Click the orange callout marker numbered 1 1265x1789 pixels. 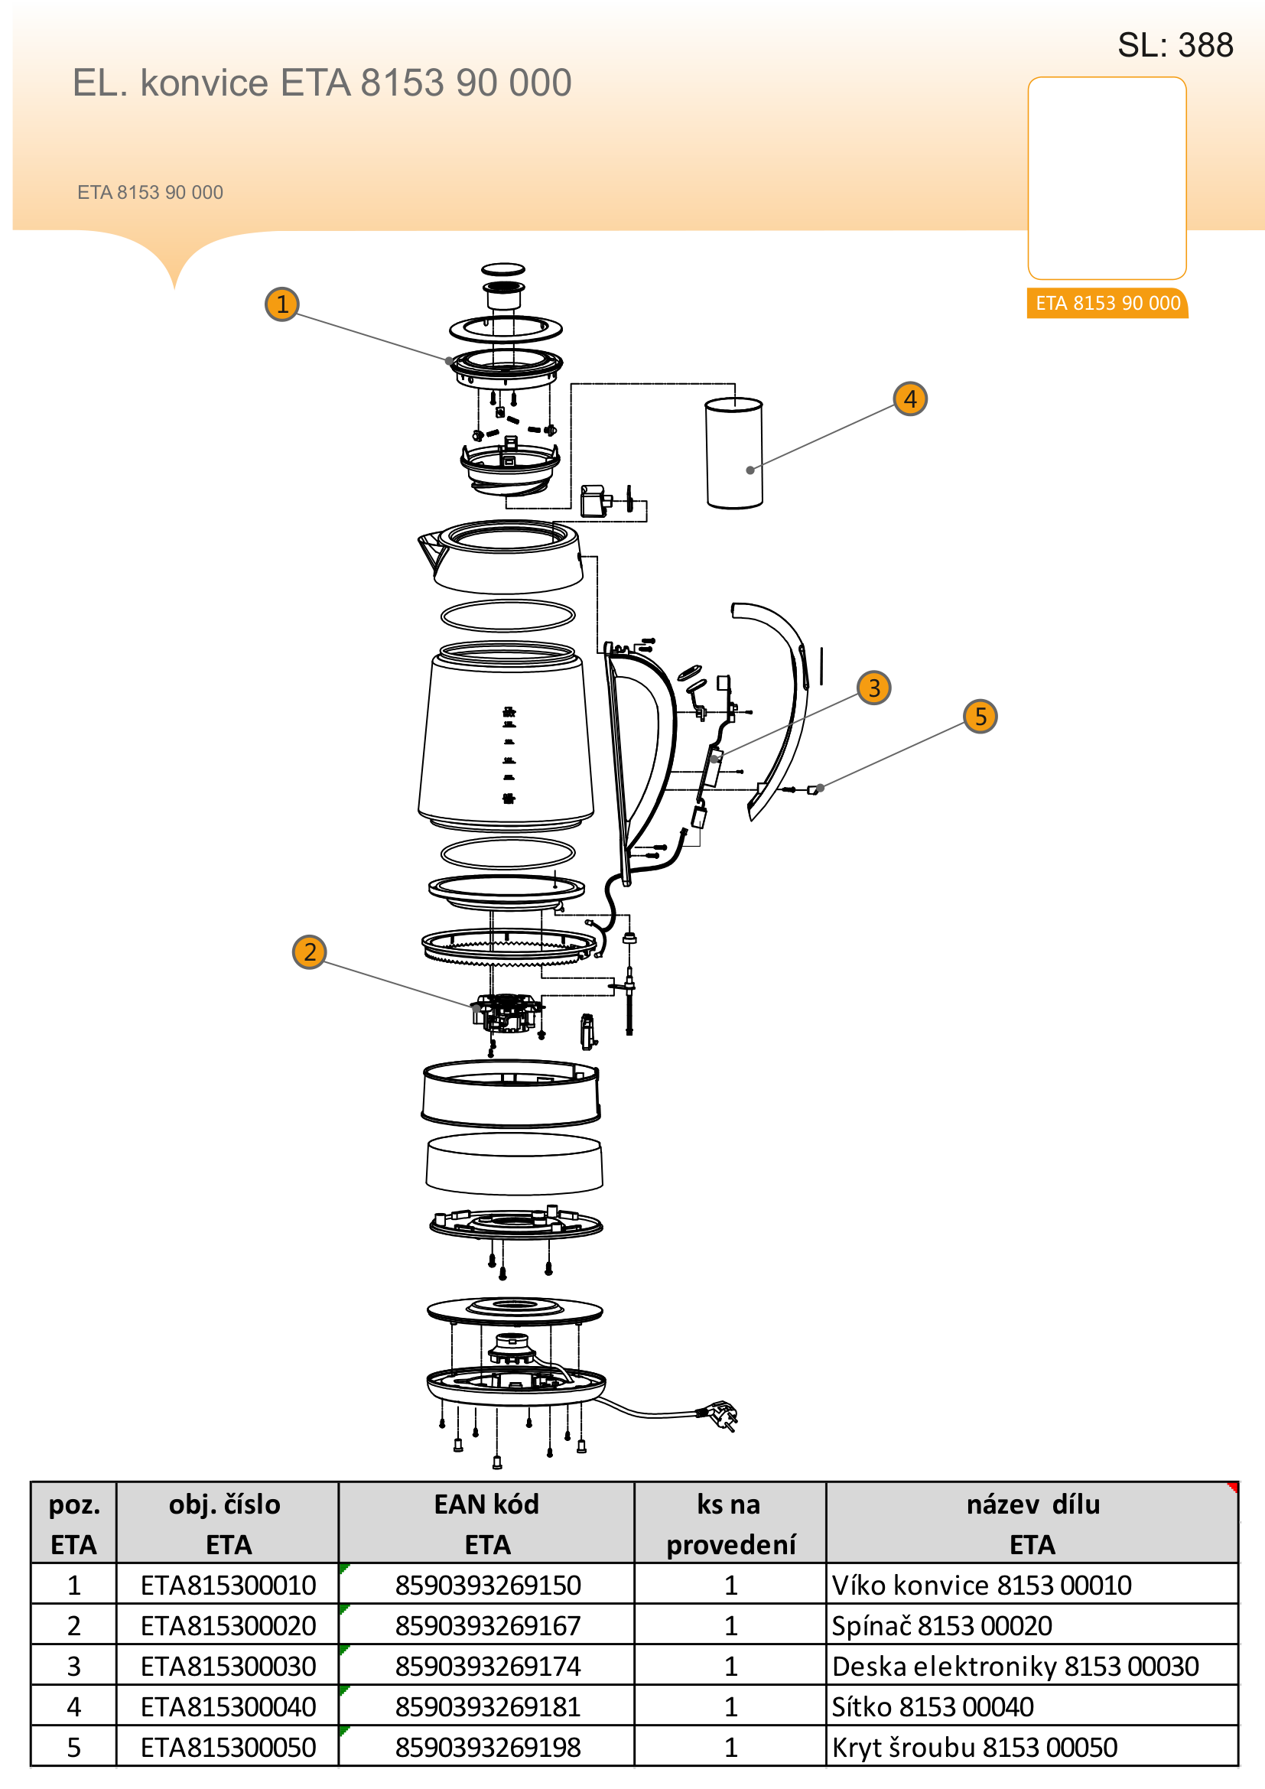point(282,304)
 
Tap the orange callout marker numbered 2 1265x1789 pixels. point(309,951)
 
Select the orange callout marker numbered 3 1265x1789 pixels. point(873,688)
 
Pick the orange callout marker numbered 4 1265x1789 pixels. point(910,398)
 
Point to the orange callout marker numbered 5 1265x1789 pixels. point(980,715)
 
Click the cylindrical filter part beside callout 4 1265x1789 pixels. point(733,454)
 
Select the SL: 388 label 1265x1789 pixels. point(1175,45)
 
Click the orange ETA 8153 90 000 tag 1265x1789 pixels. point(1107,303)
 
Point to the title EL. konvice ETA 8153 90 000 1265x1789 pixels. point(322,83)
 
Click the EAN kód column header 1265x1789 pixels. point(487,1523)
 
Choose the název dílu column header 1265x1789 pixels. point(1032,1523)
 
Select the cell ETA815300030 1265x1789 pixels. point(227,1666)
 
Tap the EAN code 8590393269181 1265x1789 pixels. point(488,1706)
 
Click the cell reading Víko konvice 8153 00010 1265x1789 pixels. point(980,1585)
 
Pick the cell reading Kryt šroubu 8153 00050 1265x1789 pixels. point(974,1747)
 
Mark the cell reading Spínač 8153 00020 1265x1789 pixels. point(941,1625)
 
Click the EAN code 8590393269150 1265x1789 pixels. point(488,1585)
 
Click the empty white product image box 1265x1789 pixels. point(1107,177)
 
